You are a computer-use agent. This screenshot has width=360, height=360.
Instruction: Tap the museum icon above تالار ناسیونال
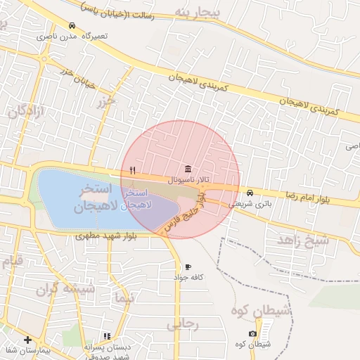coord(188,169)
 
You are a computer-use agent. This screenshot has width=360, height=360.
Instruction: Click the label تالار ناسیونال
coord(185,181)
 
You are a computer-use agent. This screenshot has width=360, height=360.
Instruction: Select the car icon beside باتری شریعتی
coord(250,193)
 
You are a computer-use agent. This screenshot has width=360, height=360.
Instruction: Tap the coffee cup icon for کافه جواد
coord(188,267)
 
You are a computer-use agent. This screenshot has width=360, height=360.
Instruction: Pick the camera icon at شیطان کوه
coord(252,333)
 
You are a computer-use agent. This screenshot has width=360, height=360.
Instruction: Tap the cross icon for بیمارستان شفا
coord(27,340)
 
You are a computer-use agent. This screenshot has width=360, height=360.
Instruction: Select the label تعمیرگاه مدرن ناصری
coord(67,35)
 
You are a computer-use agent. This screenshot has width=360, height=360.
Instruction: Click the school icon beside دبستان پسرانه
coord(107,337)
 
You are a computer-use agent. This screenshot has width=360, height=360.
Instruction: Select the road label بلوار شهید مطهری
coord(106,237)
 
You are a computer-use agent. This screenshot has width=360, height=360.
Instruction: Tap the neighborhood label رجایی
coord(184,325)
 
